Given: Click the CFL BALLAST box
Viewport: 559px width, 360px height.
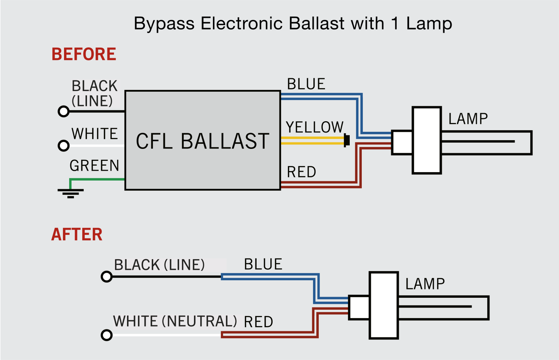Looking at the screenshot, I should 202,141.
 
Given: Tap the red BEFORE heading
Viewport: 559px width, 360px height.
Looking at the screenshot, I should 84,54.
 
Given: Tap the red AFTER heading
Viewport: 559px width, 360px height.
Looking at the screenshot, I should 77,234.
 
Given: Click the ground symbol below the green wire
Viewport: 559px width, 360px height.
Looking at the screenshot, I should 71,193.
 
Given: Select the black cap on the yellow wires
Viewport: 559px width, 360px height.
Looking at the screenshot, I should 347,141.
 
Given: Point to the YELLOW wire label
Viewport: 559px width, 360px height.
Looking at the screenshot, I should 314,127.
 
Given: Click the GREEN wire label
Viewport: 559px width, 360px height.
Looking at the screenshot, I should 94,166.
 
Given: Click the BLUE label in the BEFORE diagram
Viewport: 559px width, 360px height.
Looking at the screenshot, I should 306,84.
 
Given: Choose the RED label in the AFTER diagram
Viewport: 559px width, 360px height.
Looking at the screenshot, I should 258,322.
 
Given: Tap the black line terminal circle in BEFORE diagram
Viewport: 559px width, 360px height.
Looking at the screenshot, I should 64,111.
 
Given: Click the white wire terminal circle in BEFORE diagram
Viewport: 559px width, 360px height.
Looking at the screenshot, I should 64,146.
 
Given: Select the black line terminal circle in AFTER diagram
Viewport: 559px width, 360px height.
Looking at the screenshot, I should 107,277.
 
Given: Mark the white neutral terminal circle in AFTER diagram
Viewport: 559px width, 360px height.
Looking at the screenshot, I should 107,335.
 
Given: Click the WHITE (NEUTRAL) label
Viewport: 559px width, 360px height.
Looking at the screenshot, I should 175,321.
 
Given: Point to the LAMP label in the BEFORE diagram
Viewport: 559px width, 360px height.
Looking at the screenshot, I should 468,119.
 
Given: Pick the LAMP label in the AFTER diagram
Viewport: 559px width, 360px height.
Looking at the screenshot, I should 425,284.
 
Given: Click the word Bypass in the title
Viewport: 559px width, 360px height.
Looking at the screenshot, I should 164,24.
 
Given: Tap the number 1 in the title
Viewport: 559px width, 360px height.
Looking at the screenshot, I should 395,24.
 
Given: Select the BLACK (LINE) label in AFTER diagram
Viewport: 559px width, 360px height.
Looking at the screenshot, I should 159,265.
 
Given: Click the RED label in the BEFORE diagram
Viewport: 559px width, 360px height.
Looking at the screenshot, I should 301,172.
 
